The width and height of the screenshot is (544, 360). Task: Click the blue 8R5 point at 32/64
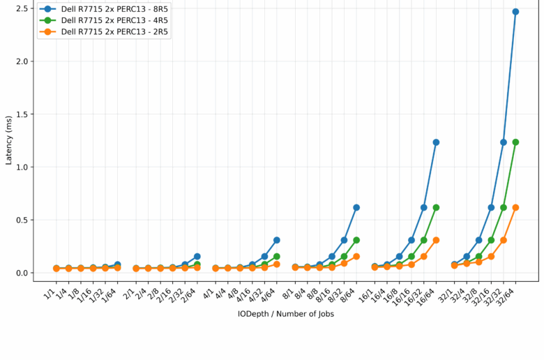515,12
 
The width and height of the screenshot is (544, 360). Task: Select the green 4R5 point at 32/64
515,142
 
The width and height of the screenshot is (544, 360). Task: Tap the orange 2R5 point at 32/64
515,207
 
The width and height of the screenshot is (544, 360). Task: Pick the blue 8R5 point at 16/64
436,142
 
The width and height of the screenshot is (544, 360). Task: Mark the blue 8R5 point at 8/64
356,207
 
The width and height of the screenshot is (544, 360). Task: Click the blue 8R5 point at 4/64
276,240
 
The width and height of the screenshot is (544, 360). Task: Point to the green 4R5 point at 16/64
436,207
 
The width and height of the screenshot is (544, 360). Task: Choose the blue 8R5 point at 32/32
504,142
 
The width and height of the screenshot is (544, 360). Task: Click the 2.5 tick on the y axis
21,8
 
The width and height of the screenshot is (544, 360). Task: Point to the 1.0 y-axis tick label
21,167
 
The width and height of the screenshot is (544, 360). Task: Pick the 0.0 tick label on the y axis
21,273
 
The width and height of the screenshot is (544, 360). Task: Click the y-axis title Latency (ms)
8,140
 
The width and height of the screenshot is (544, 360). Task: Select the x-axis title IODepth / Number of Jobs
285,314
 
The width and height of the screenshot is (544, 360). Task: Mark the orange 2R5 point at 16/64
436,240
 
